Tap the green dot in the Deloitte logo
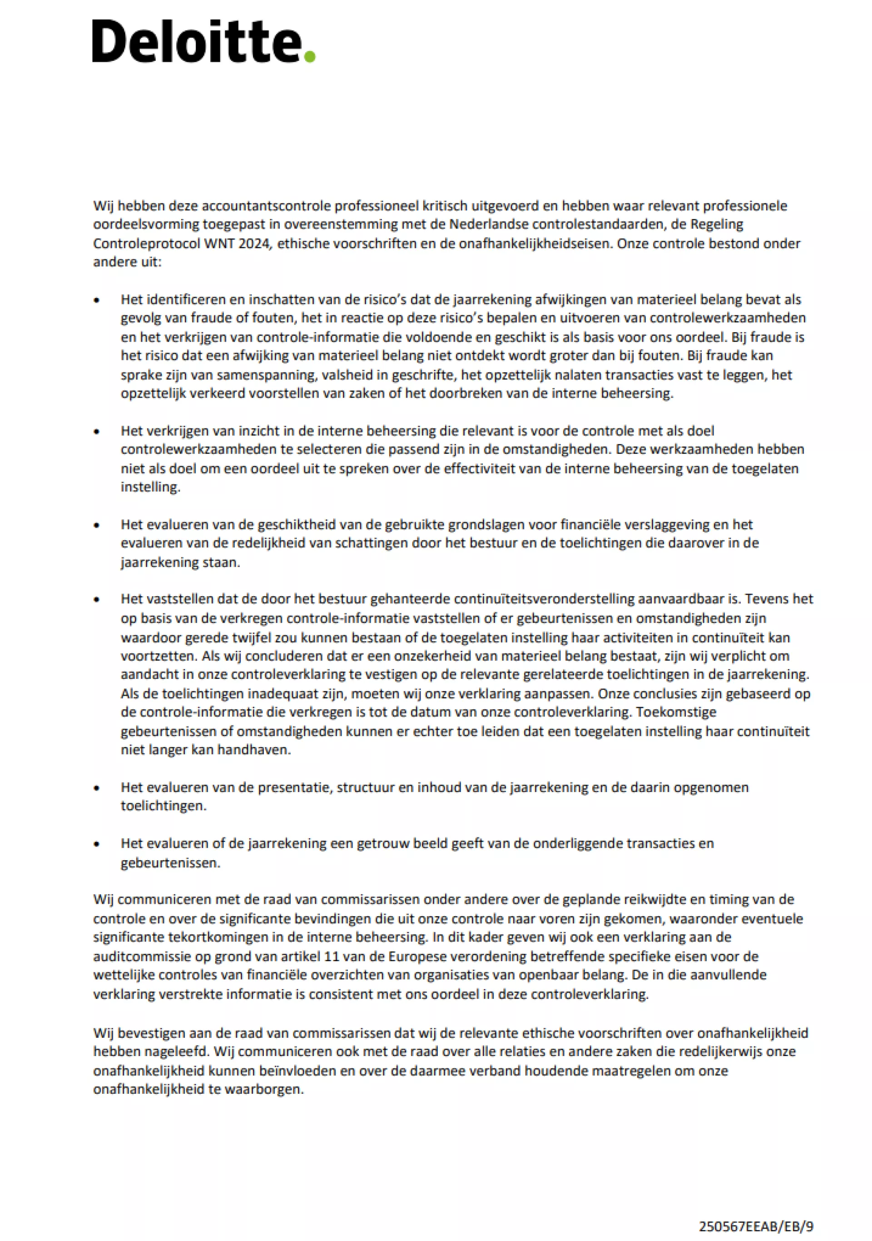tap(310, 56)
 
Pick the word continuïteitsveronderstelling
tap(544, 599)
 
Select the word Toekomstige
tap(676, 712)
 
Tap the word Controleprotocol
tap(146, 243)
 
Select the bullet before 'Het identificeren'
tap(97, 300)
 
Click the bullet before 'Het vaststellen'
tap(97, 599)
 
